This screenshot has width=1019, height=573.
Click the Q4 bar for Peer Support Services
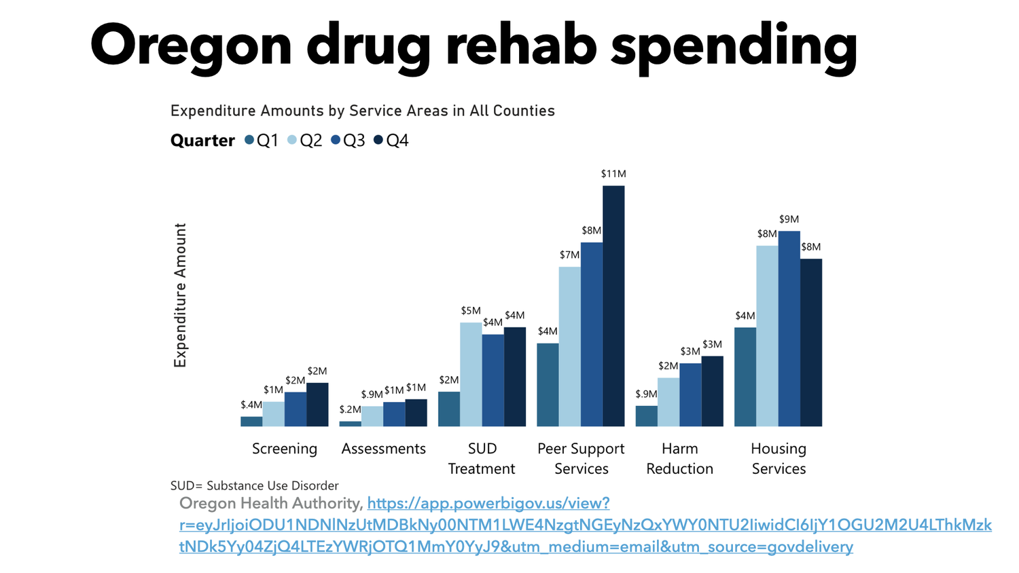tap(613, 306)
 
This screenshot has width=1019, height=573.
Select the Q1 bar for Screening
tap(251, 422)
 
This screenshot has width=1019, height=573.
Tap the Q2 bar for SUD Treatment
tap(471, 374)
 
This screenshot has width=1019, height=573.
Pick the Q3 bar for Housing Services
tap(789, 329)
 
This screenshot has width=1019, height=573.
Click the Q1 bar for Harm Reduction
tap(646, 416)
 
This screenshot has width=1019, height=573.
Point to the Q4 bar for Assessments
tap(416, 413)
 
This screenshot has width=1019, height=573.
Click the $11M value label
tap(613, 174)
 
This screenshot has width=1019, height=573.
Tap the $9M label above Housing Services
tap(789, 219)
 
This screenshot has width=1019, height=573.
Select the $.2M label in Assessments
tap(350, 409)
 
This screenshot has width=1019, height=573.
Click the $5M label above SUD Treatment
tap(471, 311)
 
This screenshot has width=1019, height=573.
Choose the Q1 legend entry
tap(262, 141)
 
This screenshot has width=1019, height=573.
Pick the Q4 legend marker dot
tap(378, 140)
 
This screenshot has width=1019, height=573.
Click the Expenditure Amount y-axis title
tap(180, 295)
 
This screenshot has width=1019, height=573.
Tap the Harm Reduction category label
tap(679, 458)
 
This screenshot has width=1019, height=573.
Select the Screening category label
tap(285, 449)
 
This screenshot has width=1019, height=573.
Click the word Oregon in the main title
tap(190, 45)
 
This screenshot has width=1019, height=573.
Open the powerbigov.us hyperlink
tap(516, 525)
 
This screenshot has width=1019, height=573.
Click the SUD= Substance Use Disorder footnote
tap(254, 485)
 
